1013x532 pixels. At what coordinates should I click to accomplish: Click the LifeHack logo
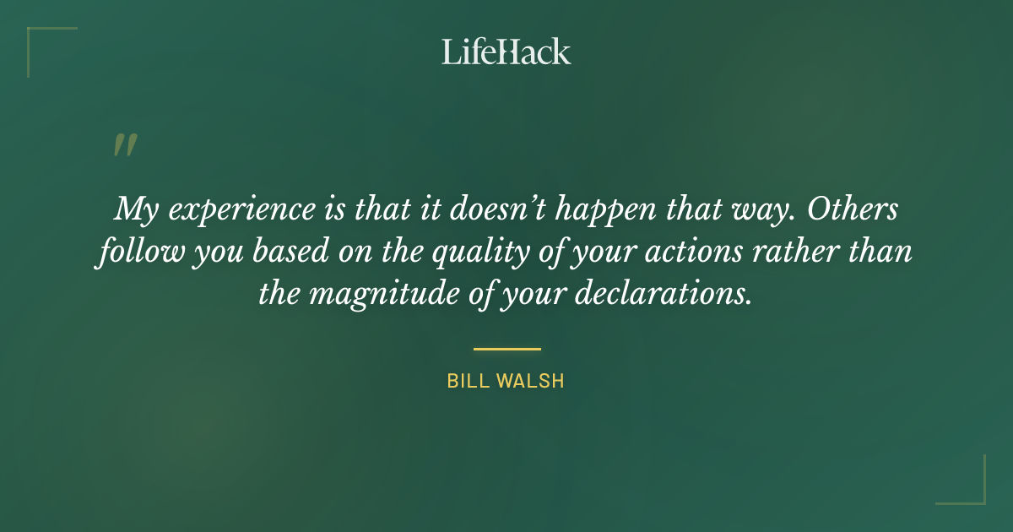click(x=506, y=52)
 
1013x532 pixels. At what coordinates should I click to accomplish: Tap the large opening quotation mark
click(x=124, y=145)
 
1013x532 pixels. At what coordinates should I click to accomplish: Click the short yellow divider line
click(x=506, y=348)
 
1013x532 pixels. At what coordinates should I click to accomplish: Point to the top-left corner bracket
click(x=38, y=38)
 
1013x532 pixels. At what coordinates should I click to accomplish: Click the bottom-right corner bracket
click(x=974, y=493)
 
